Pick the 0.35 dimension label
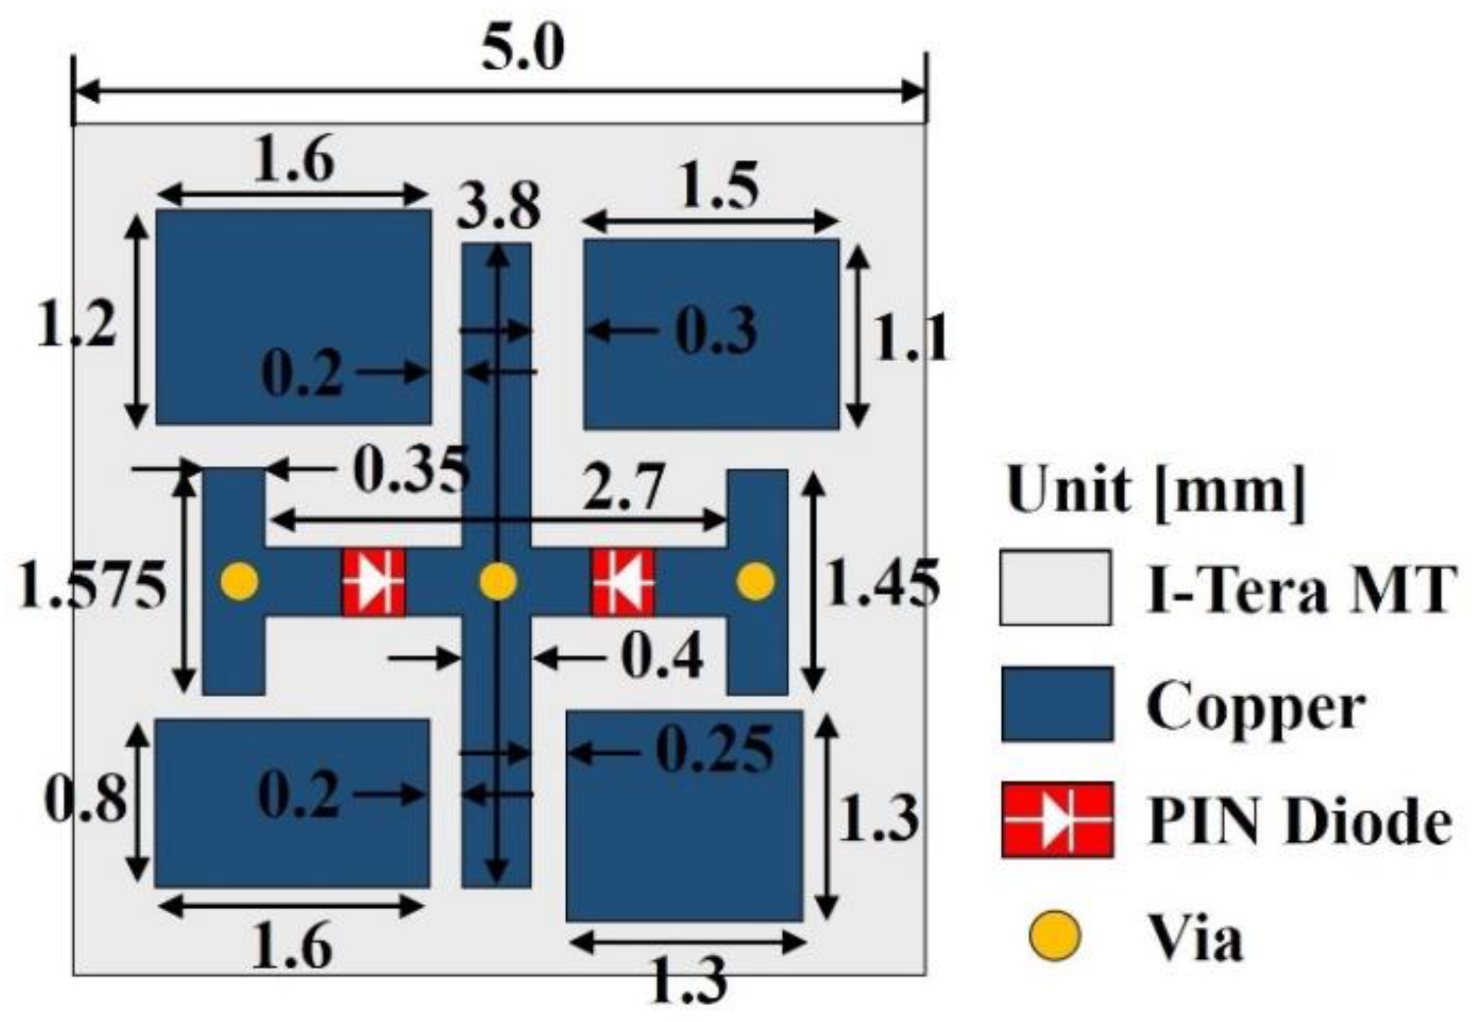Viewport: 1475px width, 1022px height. click(x=410, y=470)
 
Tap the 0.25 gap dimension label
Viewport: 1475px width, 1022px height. click(x=714, y=750)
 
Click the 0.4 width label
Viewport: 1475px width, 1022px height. click(x=662, y=657)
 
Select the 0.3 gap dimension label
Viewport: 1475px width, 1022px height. click(x=716, y=330)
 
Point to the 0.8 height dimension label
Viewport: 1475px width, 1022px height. click(x=85, y=800)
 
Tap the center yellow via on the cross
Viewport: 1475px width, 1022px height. click(x=498, y=582)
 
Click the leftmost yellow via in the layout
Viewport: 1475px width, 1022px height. click(x=240, y=582)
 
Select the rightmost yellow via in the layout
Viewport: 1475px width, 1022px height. click(x=756, y=582)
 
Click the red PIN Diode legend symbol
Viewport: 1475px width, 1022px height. click(x=1056, y=820)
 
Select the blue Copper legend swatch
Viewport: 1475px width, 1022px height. click(x=1056, y=704)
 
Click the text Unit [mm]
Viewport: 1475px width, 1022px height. click(x=1155, y=491)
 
